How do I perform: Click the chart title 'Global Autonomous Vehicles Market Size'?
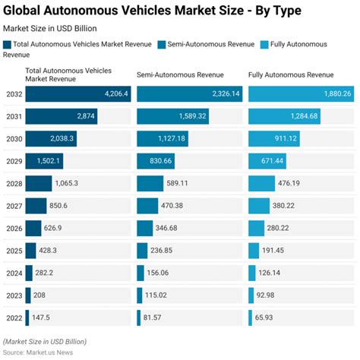152,11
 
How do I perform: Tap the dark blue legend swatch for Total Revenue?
8,44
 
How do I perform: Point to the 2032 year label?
12,93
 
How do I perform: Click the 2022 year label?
12,317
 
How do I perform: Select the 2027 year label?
12,205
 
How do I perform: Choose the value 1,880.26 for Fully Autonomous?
333,93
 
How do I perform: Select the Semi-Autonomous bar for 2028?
150,183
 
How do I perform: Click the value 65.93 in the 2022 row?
268,317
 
